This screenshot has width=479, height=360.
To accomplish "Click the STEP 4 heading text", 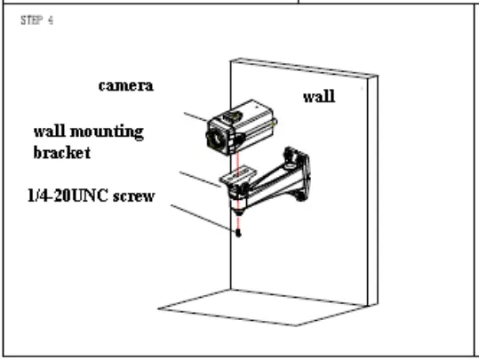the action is pyautogui.click(x=37, y=20).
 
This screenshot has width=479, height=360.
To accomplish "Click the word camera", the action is pyautogui.click(x=126, y=86).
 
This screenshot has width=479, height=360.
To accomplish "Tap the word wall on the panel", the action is pyautogui.click(x=319, y=97).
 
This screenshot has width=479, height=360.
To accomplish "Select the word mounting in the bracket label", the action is pyautogui.click(x=107, y=132).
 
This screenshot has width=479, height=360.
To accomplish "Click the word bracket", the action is pyautogui.click(x=62, y=153).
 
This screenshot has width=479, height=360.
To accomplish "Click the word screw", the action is pyautogui.click(x=134, y=196).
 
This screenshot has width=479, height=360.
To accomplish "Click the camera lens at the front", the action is pyautogui.click(x=217, y=139).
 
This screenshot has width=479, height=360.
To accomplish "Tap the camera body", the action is pyautogui.click(x=242, y=127).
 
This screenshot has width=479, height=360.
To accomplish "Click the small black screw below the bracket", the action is pyautogui.click(x=238, y=233).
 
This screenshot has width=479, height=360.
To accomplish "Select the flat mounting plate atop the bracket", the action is pyautogui.click(x=237, y=174).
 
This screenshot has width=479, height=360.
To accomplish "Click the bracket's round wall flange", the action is pyautogui.click(x=297, y=173).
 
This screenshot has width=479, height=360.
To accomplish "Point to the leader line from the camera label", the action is pyautogui.click(x=196, y=117).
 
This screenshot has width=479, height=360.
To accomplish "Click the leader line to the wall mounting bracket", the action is pyautogui.click(x=200, y=180).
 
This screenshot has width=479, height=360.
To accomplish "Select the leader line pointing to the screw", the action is pyautogui.click(x=204, y=218).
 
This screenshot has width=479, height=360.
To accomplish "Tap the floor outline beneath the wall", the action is pyautogui.click(x=263, y=308).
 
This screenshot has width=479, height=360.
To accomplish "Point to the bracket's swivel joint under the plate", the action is pyautogui.click(x=239, y=202).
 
